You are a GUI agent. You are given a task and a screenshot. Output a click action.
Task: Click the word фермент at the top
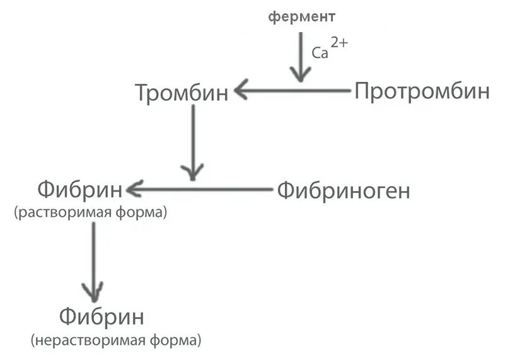[x=302, y=17]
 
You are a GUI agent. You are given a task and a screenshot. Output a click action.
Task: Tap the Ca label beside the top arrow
[x=320, y=54]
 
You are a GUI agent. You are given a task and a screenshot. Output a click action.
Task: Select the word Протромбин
[x=422, y=91]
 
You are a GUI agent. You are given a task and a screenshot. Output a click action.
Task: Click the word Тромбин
[x=182, y=93]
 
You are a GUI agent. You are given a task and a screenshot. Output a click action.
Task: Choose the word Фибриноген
[x=344, y=190]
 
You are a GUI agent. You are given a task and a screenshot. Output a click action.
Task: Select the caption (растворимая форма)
[x=90, y=213]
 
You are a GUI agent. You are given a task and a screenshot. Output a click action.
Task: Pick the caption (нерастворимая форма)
[x=116, y=341]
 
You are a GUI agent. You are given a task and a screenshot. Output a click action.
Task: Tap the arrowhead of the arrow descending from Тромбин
[x=192, y=171]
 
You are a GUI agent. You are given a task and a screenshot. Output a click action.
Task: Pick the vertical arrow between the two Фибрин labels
[x=94, y=258]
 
